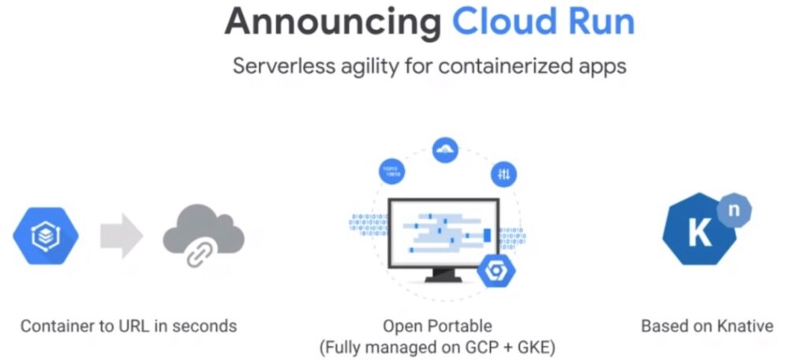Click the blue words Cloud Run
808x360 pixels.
click(543, 21)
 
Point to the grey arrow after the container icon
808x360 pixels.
click(122, 236)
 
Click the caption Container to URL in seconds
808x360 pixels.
click(129, 325)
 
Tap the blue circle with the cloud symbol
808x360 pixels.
click(446, 150)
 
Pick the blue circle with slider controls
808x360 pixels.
click(503, 174)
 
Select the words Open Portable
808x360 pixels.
click(437, 325)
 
